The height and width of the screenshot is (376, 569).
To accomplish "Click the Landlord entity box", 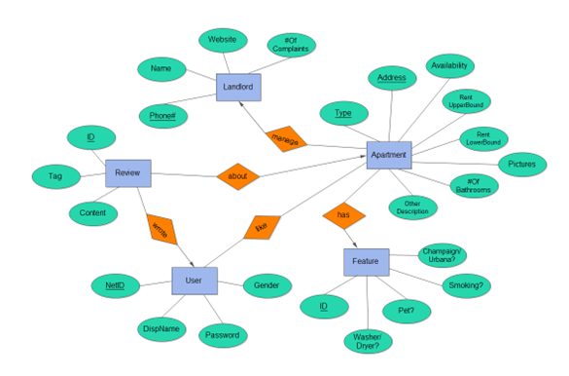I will click(x=238, y=88).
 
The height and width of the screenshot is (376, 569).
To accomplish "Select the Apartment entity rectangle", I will click(x=390, y=155).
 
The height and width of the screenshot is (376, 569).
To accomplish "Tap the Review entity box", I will click(x=127, y=172).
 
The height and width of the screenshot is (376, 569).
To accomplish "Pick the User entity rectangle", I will click(x=195, y=281).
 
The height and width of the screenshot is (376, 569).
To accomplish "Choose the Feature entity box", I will click(x=366, y=262).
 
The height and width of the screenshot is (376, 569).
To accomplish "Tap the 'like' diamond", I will click(x=260, y=226).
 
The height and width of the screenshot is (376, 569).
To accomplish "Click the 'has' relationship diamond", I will click(x=342, y=214).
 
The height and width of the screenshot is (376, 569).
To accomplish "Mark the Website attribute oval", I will click(x=225, y=40).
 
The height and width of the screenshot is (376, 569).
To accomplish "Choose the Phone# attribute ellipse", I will click(x=163, y=115).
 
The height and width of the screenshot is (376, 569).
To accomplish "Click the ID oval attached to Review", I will click(x=89, y=138).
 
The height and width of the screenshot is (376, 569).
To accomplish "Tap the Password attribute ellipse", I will click(x=223, y=335).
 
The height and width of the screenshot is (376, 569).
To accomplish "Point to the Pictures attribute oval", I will click(x=521, y=164).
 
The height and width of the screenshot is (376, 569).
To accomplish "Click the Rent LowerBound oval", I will click(x=483, y=138).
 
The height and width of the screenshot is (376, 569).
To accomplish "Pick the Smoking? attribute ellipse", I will click(x=467, y=285).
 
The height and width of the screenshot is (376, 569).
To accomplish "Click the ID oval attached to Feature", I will click(x=324, y=306).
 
